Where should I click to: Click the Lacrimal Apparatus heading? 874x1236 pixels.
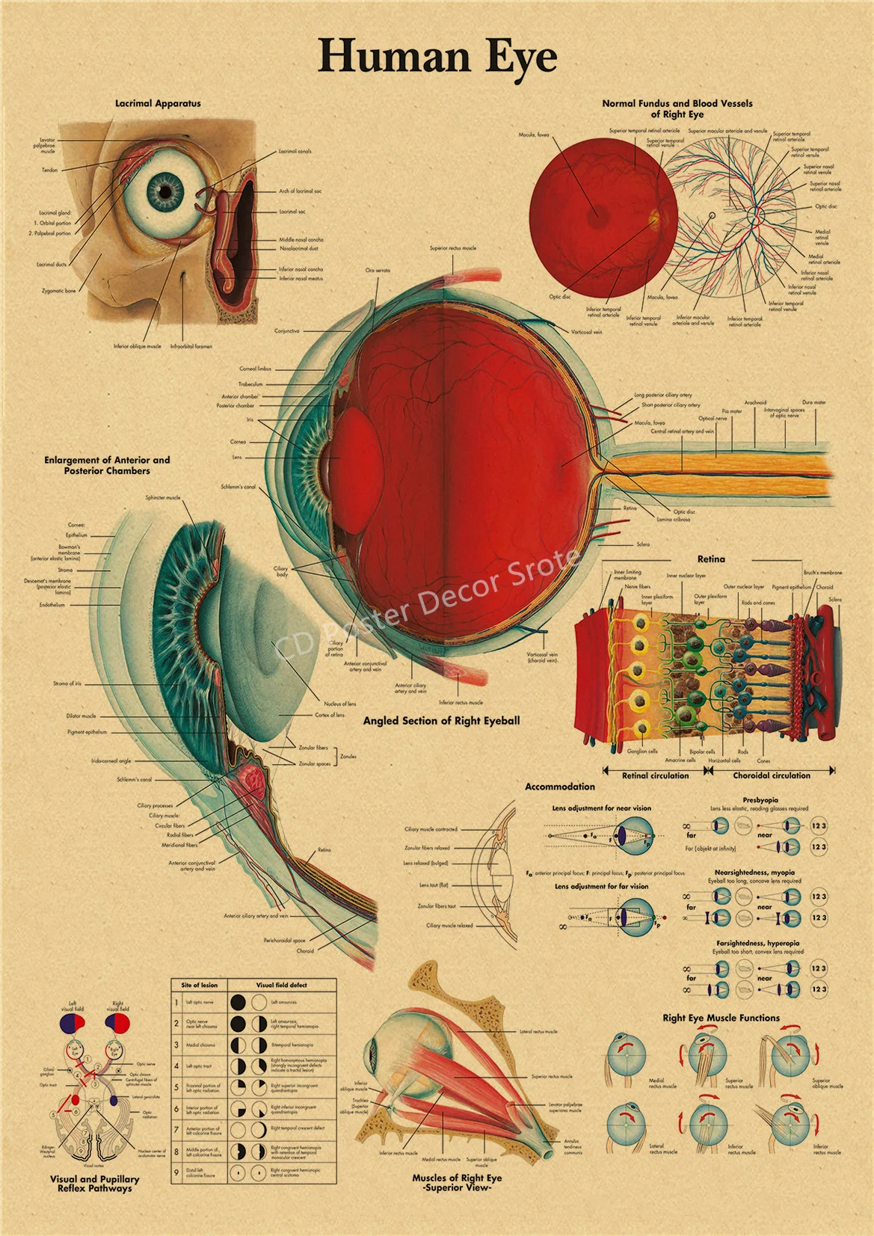tap(158, 104)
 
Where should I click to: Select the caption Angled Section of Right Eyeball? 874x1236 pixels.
tap(441, 721)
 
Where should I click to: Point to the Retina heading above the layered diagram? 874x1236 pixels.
tap(711, 559)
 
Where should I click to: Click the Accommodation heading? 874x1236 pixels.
tap(560, 787)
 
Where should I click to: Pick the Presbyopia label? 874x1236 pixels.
tap(760, 800)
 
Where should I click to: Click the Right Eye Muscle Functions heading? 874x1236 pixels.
tap(721, 1018)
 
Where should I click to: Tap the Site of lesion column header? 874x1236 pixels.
tap(199, 985)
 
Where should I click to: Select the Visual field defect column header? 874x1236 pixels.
tap(281, 985)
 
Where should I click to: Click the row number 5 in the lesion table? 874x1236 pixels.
tap(176, 1086)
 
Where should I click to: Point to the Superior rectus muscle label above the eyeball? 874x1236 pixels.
tap(452, 248)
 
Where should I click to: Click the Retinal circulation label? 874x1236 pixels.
tap(656, 775)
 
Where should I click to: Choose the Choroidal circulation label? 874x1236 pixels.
tap(771, 775)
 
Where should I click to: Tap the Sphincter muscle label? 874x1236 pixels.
tap(163, 497)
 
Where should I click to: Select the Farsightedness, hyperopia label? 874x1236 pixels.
tap(757, 944)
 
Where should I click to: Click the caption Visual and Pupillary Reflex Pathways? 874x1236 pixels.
tap(95, 1184)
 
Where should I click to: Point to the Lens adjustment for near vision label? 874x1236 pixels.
tap(601, 808)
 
